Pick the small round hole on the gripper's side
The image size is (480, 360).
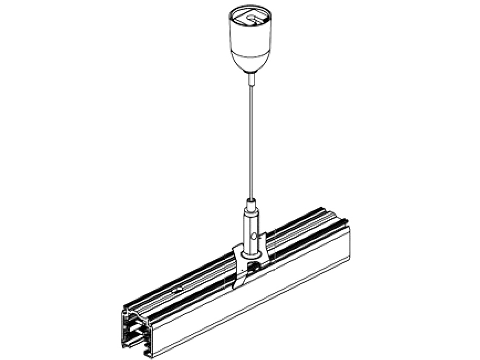(x=255, y=236)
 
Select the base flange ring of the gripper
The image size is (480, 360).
(x=252, y=255)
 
